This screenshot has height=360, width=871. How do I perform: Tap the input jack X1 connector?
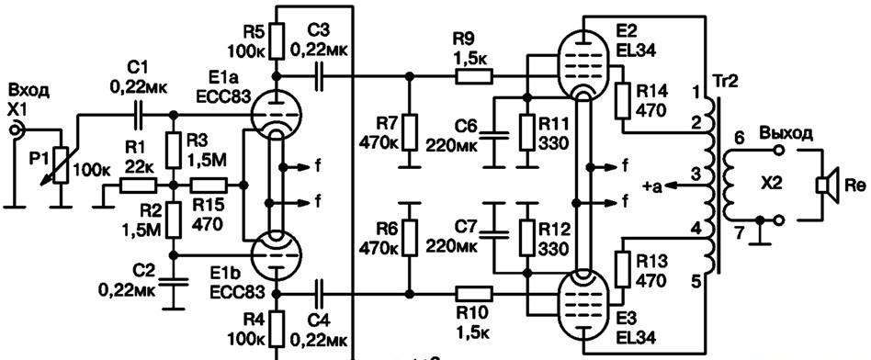(x=15, y=130)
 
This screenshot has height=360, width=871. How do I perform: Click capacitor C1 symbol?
(x=137, y=115)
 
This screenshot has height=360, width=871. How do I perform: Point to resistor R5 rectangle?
(x=276, y=40)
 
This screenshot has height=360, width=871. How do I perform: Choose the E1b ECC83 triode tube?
(x=276, y=254)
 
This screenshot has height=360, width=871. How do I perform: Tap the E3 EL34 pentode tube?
(x=582, y=306)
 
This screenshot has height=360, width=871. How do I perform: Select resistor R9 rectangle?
(x=474, y=76)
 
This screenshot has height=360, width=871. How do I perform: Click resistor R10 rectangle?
(x=474, y=293)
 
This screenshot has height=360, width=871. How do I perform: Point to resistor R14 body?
(x=622, y=100)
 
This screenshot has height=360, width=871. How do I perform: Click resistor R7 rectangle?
(x=410, y=131)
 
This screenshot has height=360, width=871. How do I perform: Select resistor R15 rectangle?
(x=209, y=185)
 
